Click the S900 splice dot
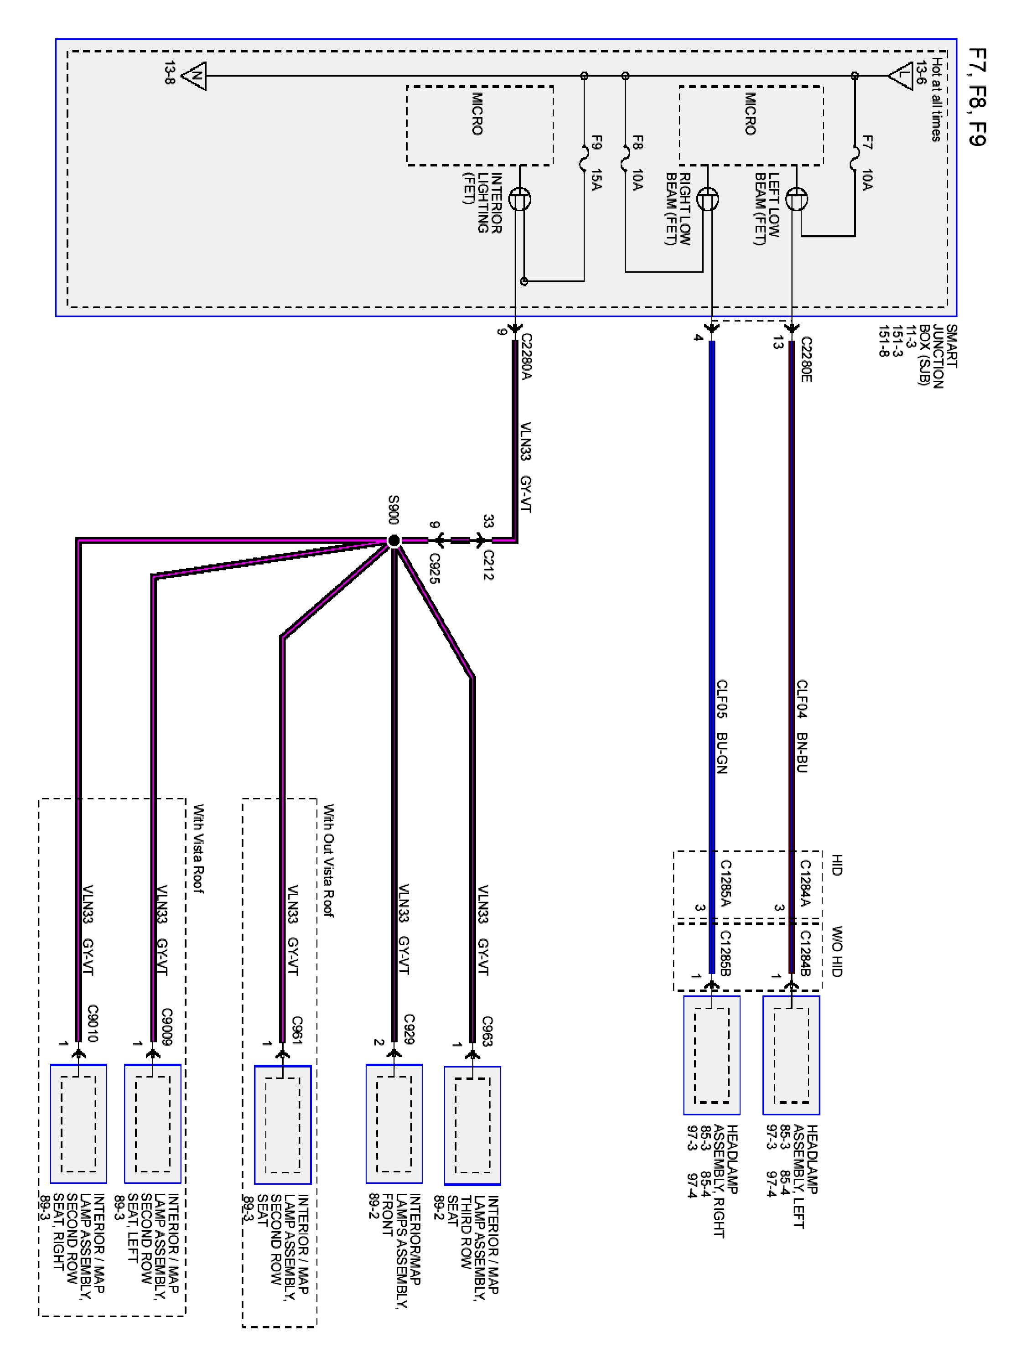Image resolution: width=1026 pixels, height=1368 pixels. tap(394, 541)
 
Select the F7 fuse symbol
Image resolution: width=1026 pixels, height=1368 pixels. tap(854, 157)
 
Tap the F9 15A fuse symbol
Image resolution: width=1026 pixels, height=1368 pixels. tap(584, 157)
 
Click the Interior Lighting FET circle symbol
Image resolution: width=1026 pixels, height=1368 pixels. tap(519, 199)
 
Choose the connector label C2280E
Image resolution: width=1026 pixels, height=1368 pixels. tap(805, 359)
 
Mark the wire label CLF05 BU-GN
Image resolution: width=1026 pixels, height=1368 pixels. tap(721, 727)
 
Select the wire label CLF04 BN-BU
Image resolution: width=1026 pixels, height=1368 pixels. tap(802, 726)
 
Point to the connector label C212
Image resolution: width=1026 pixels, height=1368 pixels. tap(488, 565)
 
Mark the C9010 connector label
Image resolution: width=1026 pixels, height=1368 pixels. tap(92, 1024)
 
